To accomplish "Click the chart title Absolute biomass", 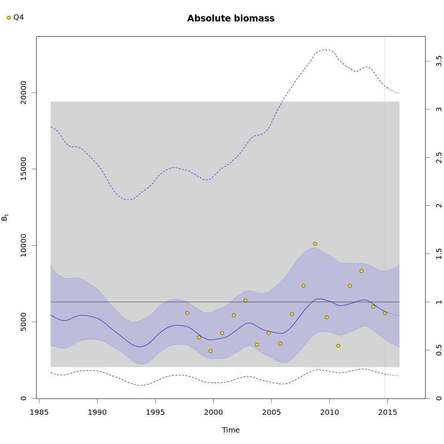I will coord(231,18).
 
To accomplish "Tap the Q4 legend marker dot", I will coord(9,18).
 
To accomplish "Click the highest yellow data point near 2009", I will coord(315,243).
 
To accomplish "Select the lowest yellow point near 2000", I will coord(211,351).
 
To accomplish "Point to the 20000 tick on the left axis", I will coord(24,92).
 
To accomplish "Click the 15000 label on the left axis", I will coord(24,169).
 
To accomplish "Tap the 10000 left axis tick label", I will coord(24,245).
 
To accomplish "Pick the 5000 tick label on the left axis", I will coord(24,322).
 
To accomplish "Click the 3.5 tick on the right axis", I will coord(439,61).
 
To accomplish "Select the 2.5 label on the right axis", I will coord(439,158).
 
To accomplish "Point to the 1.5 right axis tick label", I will coord(439,254).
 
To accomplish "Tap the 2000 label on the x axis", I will coord(213,413).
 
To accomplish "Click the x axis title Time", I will coord(231,430).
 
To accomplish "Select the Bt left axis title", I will coord(5,217).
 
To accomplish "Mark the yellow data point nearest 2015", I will coord(384,313).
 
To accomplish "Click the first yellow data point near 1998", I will coord(187,313).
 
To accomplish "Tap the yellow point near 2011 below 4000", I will coord(338,346).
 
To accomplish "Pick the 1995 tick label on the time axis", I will coord(155,413).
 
